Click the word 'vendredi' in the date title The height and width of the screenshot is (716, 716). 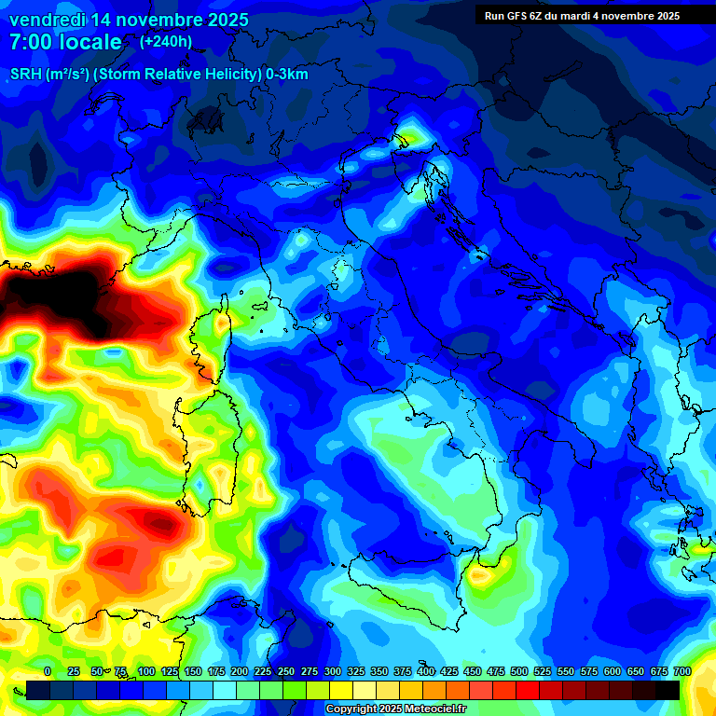[x=47, y=20]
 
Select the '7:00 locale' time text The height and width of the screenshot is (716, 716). [x=65, y=43]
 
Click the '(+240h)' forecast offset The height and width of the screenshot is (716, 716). [x=166, y=42]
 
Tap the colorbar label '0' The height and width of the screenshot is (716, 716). [x=48, y=671]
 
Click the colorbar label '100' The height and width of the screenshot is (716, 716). [x=146, y=671]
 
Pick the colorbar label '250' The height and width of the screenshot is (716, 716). [x=286, y=671]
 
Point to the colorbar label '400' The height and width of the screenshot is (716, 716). [x=426, y=671]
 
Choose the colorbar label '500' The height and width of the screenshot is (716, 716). [x=519, y=671]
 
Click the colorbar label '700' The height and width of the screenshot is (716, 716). [x=682, y=671]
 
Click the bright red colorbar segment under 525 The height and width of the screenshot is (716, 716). [x=551, y=690]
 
